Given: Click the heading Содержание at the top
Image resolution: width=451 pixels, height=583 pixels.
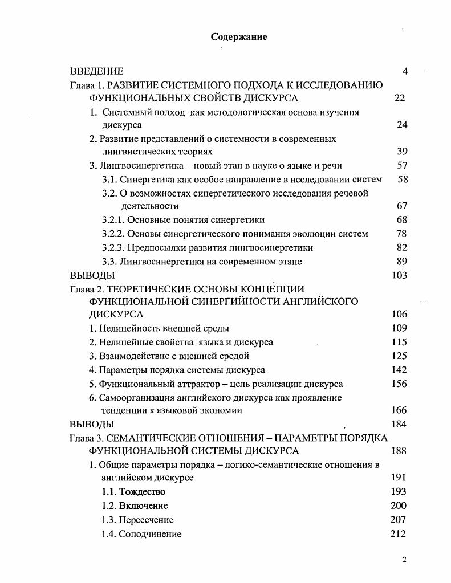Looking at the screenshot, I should tap(239, 37).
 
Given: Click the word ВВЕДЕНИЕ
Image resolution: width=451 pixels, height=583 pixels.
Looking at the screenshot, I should tap(96, 71).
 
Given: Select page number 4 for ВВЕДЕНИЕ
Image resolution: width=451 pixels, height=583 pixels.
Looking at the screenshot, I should tap(404, 71).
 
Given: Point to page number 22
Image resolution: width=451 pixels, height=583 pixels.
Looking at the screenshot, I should tap(400, 98).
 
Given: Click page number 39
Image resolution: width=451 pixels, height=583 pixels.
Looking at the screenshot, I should tap(401, 152).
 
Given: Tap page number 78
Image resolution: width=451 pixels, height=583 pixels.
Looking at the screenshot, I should tap(401, 234).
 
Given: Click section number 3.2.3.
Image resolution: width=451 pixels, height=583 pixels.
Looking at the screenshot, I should tap(113, 248).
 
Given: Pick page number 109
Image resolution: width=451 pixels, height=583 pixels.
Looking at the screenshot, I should tap(399, 328).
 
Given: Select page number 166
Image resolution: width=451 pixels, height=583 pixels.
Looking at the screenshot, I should tap(399, 410).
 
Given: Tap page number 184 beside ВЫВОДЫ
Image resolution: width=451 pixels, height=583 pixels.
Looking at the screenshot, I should tap(399, 424).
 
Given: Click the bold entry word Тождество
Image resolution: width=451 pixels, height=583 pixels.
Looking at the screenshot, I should tap(142, 492).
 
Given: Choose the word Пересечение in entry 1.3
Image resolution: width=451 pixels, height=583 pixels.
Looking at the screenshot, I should tap(146, 520).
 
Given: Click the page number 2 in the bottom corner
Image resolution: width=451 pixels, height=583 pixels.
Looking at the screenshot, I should tap(404, 560).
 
